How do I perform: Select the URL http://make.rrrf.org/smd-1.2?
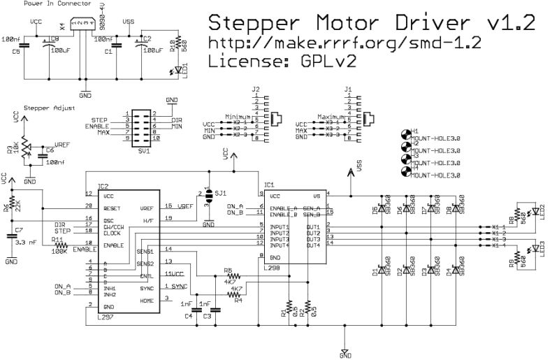[x=345, y=43]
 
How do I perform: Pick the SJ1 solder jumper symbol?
[x=208, y=198]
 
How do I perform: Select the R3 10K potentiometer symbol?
[x=26, y=148]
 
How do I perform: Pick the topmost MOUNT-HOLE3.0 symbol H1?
[x=405, y=134]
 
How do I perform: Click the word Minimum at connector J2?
[x=239, y=115]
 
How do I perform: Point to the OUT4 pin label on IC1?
[x=313, y=245]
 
